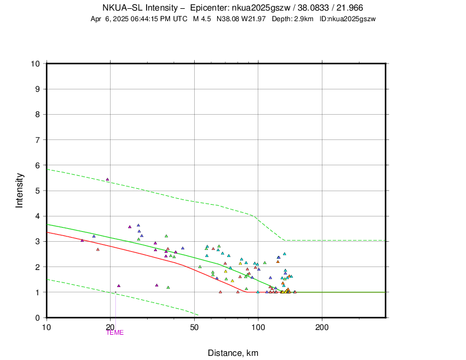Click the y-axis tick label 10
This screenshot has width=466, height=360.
35,64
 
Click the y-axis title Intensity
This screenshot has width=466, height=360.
19,190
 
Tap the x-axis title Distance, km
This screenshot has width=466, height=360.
233,353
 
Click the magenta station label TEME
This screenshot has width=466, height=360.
116,333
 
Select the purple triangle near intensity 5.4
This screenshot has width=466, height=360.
107,179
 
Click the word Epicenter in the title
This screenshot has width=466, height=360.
211,8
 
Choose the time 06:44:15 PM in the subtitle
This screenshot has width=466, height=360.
148,19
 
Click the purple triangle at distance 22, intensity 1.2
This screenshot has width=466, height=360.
119,286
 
